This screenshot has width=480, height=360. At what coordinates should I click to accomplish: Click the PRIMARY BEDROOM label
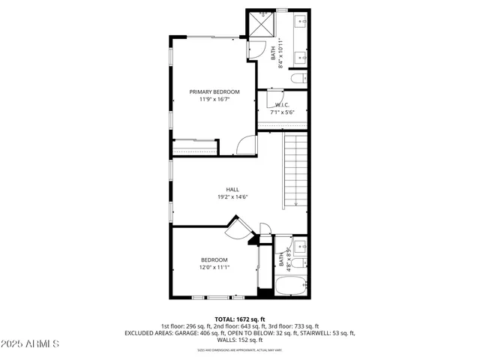point(214,91)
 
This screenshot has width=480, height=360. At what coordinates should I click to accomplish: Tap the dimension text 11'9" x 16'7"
point(214,99)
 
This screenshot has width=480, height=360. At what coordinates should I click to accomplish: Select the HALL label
point(232,190)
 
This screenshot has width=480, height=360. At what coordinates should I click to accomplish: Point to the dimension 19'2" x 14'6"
point(232,197)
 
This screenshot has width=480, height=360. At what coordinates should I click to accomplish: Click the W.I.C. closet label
point(282,105)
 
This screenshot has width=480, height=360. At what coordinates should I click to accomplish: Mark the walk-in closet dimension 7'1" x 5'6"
point(282,112)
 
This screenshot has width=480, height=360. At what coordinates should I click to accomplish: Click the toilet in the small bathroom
point(297,262)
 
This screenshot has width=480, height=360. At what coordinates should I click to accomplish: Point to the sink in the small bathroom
point(298,244)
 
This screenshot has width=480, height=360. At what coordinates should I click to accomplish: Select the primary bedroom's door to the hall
point(246,145)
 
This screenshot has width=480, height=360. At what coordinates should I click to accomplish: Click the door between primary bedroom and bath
point(251,49)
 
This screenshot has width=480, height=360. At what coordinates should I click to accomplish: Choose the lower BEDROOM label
point(214,259)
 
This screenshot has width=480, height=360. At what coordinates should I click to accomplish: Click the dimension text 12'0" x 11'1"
point(214,267)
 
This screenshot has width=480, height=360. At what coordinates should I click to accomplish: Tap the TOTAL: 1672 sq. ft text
point(240,319)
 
